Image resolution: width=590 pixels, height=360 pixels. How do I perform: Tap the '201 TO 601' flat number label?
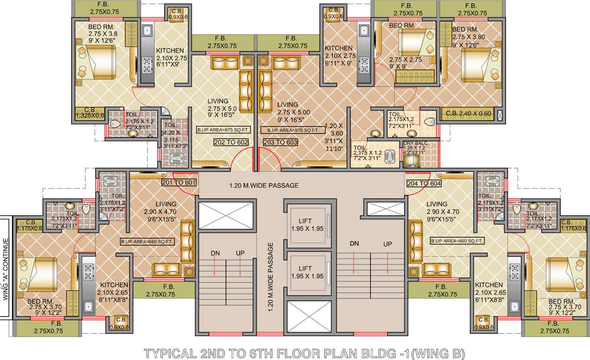click(x=179, y=182)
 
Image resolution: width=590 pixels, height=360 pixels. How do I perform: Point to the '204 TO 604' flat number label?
click(x=424, y=183)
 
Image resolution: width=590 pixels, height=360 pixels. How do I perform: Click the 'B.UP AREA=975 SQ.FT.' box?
click(x=293, y=130)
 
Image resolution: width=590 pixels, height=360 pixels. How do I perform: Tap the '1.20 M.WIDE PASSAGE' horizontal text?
click(x=264, y=186)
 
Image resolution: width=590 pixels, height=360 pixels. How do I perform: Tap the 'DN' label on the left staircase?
click(x=215, y=253)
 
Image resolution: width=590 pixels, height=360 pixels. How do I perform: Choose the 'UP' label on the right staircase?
click(x=387, y=244)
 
